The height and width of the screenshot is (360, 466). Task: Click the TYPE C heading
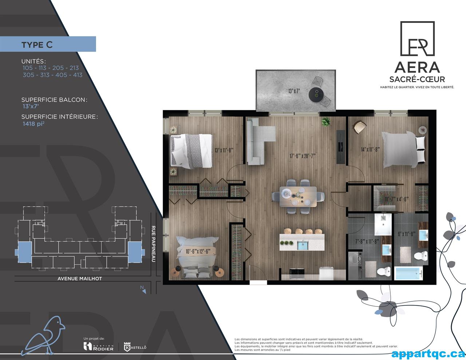[x=37, y=44]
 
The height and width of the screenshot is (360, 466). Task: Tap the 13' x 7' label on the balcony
[x=293, y=91]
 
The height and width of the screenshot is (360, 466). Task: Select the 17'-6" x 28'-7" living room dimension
[x=302, y=156]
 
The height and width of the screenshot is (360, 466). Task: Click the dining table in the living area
[x=299, y=196]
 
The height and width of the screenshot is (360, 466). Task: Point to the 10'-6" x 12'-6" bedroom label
[x=198, y=251]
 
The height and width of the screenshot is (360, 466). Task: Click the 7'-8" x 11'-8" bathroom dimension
[x=367, y=241]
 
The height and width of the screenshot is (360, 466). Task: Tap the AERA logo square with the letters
[x=417, y=39]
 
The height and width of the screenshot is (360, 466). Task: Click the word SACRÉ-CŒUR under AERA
[x=417, y=79]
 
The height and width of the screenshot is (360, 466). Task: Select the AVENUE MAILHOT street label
[x=80, y=278]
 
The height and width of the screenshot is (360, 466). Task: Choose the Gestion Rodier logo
[x=99, y=346]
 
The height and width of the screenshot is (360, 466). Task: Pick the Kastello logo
[x=135, y=347]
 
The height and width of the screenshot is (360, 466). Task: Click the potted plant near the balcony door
[x=325, y=122]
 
